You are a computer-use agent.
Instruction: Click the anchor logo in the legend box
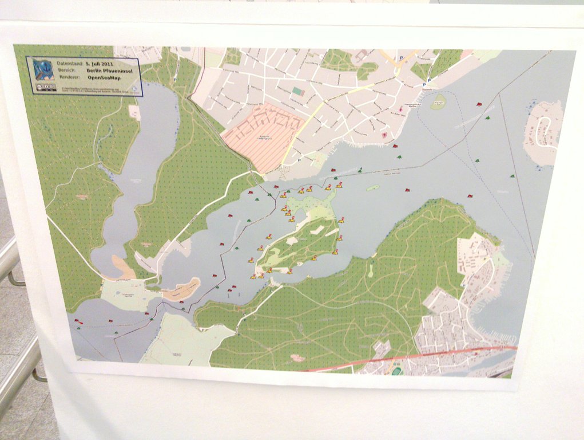(x=42, y=69)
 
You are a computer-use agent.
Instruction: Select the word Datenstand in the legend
(x=69, y=64)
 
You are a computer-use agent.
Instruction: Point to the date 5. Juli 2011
(x=101, y=64)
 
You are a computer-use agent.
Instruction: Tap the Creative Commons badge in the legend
(x=44, y=88)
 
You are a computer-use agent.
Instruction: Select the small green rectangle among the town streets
(x=297, y=91)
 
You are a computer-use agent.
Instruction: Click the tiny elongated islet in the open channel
(x=372, y=187)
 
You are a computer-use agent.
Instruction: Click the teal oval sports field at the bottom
(x=396, y=371)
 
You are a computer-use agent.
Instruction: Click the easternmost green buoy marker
(x=512, y=176)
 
